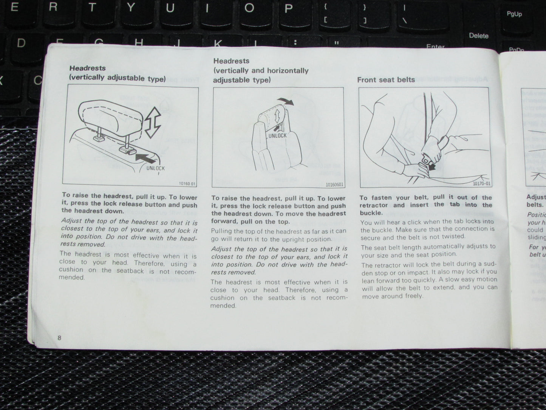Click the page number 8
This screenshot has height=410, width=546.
(59, 337)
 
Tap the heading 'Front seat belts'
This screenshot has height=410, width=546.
(386, 80)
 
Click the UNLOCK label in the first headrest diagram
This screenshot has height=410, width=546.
(155, 168)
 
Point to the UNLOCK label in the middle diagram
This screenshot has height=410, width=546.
(277, 135)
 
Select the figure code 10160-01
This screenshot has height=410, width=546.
(187, 184)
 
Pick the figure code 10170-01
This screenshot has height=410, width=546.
(482, 184)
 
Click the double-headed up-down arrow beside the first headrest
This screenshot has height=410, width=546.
(153, 122)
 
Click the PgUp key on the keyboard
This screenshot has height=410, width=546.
(514, 14)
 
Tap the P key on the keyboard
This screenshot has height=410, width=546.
(288, 8)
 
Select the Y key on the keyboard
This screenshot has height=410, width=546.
(131, 8)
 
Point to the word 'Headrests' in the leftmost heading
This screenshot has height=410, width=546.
(87, 68)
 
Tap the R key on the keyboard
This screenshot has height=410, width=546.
(53, 7)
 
